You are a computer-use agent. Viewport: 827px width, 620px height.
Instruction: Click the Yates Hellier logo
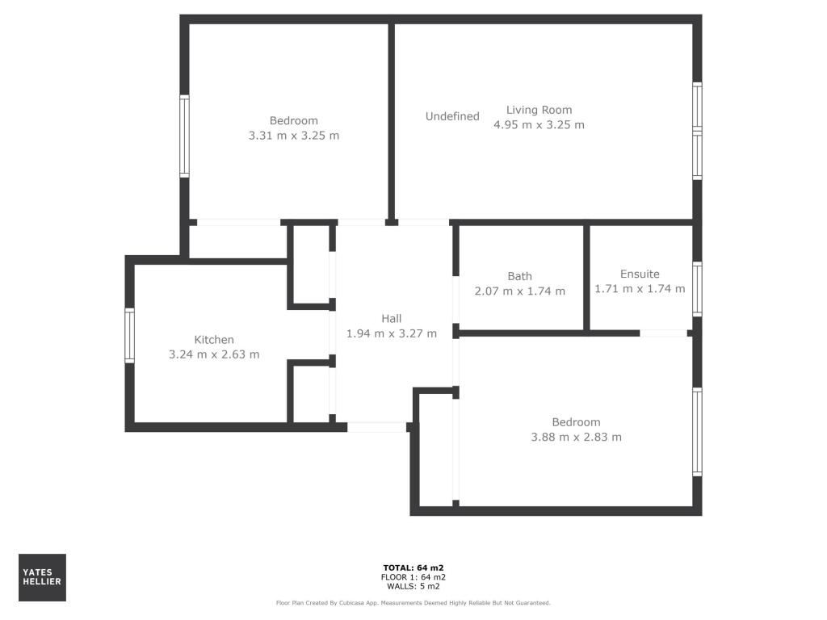pos(42,577)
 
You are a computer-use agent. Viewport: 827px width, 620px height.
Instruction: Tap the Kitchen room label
pos(214,340)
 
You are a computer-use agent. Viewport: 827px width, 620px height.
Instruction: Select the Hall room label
pos(392,319)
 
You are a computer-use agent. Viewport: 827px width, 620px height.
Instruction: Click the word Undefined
pos(452,116)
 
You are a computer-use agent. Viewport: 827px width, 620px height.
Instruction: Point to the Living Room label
pos(539,110)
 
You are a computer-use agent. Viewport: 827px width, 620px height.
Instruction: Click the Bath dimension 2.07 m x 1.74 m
pos(520,291)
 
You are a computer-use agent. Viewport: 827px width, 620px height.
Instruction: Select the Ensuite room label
pos(640,274)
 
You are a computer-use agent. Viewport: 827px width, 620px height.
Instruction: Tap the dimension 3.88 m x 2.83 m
pos(576,438)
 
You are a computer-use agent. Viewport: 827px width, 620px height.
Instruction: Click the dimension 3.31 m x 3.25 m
pos(294,136)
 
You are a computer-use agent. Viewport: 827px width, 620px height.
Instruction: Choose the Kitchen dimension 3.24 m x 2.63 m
pos(214,354)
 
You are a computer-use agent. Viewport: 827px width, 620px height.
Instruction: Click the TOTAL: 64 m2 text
pos(413,568)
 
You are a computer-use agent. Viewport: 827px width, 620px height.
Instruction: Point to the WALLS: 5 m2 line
pos(413,587)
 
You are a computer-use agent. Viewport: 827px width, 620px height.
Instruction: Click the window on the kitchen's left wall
pos(129,335)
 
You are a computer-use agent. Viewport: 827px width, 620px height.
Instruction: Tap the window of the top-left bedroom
pos(184,136)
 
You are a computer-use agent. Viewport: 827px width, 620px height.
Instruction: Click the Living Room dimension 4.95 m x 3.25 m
pos(539,125)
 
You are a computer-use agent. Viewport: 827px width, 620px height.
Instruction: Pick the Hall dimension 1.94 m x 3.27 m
pos(392,333)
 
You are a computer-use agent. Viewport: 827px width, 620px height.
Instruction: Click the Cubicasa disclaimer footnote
pos(413,602)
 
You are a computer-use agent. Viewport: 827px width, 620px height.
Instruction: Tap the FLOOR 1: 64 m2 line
pos(413,577)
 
